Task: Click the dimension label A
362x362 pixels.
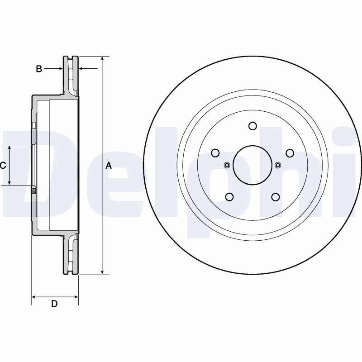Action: click(109, 165)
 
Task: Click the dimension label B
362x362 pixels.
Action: click(39, 69)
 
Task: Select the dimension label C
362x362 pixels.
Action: click(3, 165)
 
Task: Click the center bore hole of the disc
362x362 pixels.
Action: click(252, 165)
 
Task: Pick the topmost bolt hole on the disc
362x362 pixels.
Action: click(252, 126)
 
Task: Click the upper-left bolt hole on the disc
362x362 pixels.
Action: click(215, 153)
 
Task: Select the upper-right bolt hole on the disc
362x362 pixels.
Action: click(290, 153)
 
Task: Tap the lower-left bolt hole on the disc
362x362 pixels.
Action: click(229, 197)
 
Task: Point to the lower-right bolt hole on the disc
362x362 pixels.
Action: click(276, 197)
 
